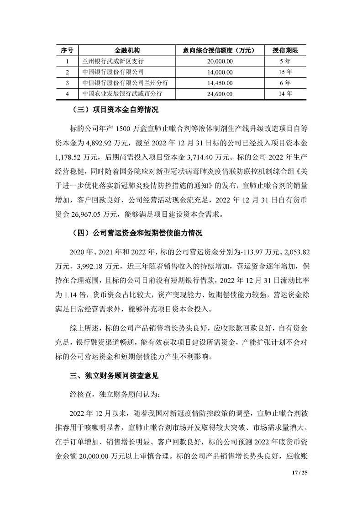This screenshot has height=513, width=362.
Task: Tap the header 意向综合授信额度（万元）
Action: coord(220,49)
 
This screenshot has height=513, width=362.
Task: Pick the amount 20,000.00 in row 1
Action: coord(220,60)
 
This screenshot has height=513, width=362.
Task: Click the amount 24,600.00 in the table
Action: coord(220,94)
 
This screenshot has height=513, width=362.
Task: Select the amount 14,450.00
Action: coord(220,83)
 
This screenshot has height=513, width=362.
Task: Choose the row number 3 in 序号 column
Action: coord(67,83)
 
